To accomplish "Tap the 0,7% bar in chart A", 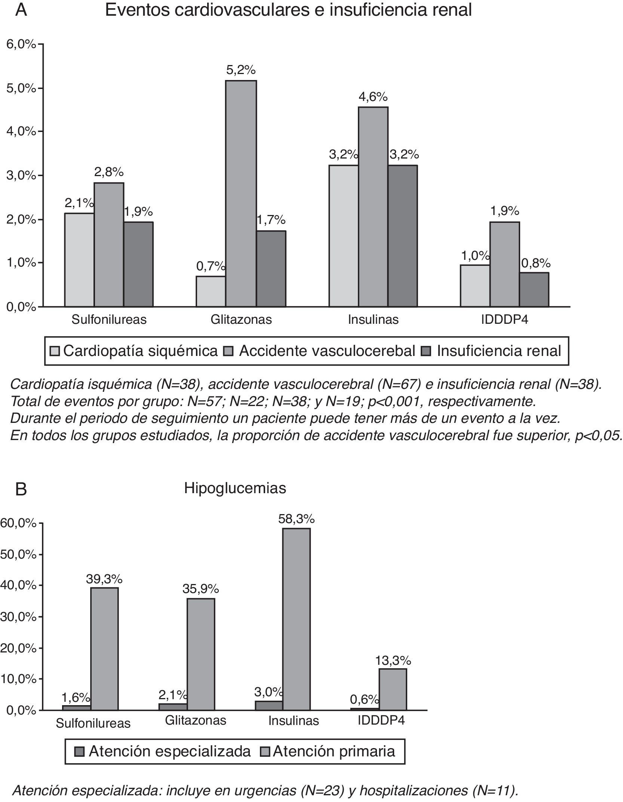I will (x=211, y=291).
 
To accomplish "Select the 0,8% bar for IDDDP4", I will (x=534, y=289).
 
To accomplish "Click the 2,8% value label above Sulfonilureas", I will (x=109, y=172).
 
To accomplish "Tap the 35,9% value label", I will (x=200, y=589).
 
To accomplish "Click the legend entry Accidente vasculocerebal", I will (x=322, y=351).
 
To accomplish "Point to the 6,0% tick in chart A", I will (x=21, y=44).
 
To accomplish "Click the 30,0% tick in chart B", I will (x=19, y=617).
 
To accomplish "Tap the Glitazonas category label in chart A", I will (x=241, y=320).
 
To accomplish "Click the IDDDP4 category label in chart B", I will (x=381, y=720).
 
